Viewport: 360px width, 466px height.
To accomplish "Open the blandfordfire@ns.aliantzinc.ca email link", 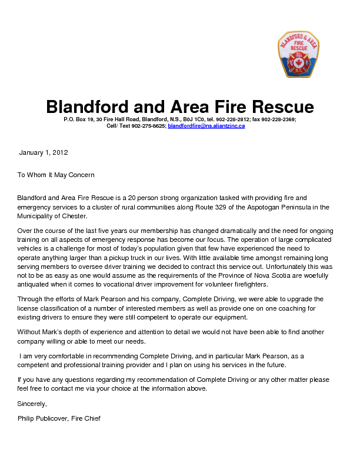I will pos(206,126).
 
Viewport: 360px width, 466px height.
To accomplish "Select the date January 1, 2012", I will pos(44,152).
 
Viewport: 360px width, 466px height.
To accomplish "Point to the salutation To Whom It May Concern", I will pos(56,175).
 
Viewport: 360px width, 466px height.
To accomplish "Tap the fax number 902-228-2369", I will pos(279,119).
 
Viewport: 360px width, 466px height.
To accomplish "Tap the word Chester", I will pos(76,216).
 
